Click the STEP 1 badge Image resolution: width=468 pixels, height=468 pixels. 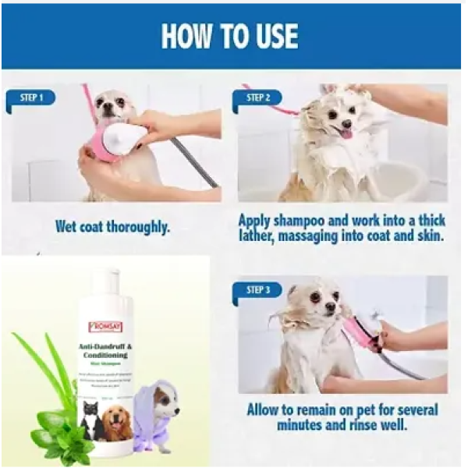coord(30,98)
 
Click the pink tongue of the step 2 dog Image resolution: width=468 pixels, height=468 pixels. coord(346,134)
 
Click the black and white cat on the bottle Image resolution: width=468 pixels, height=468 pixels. coord(91,420)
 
